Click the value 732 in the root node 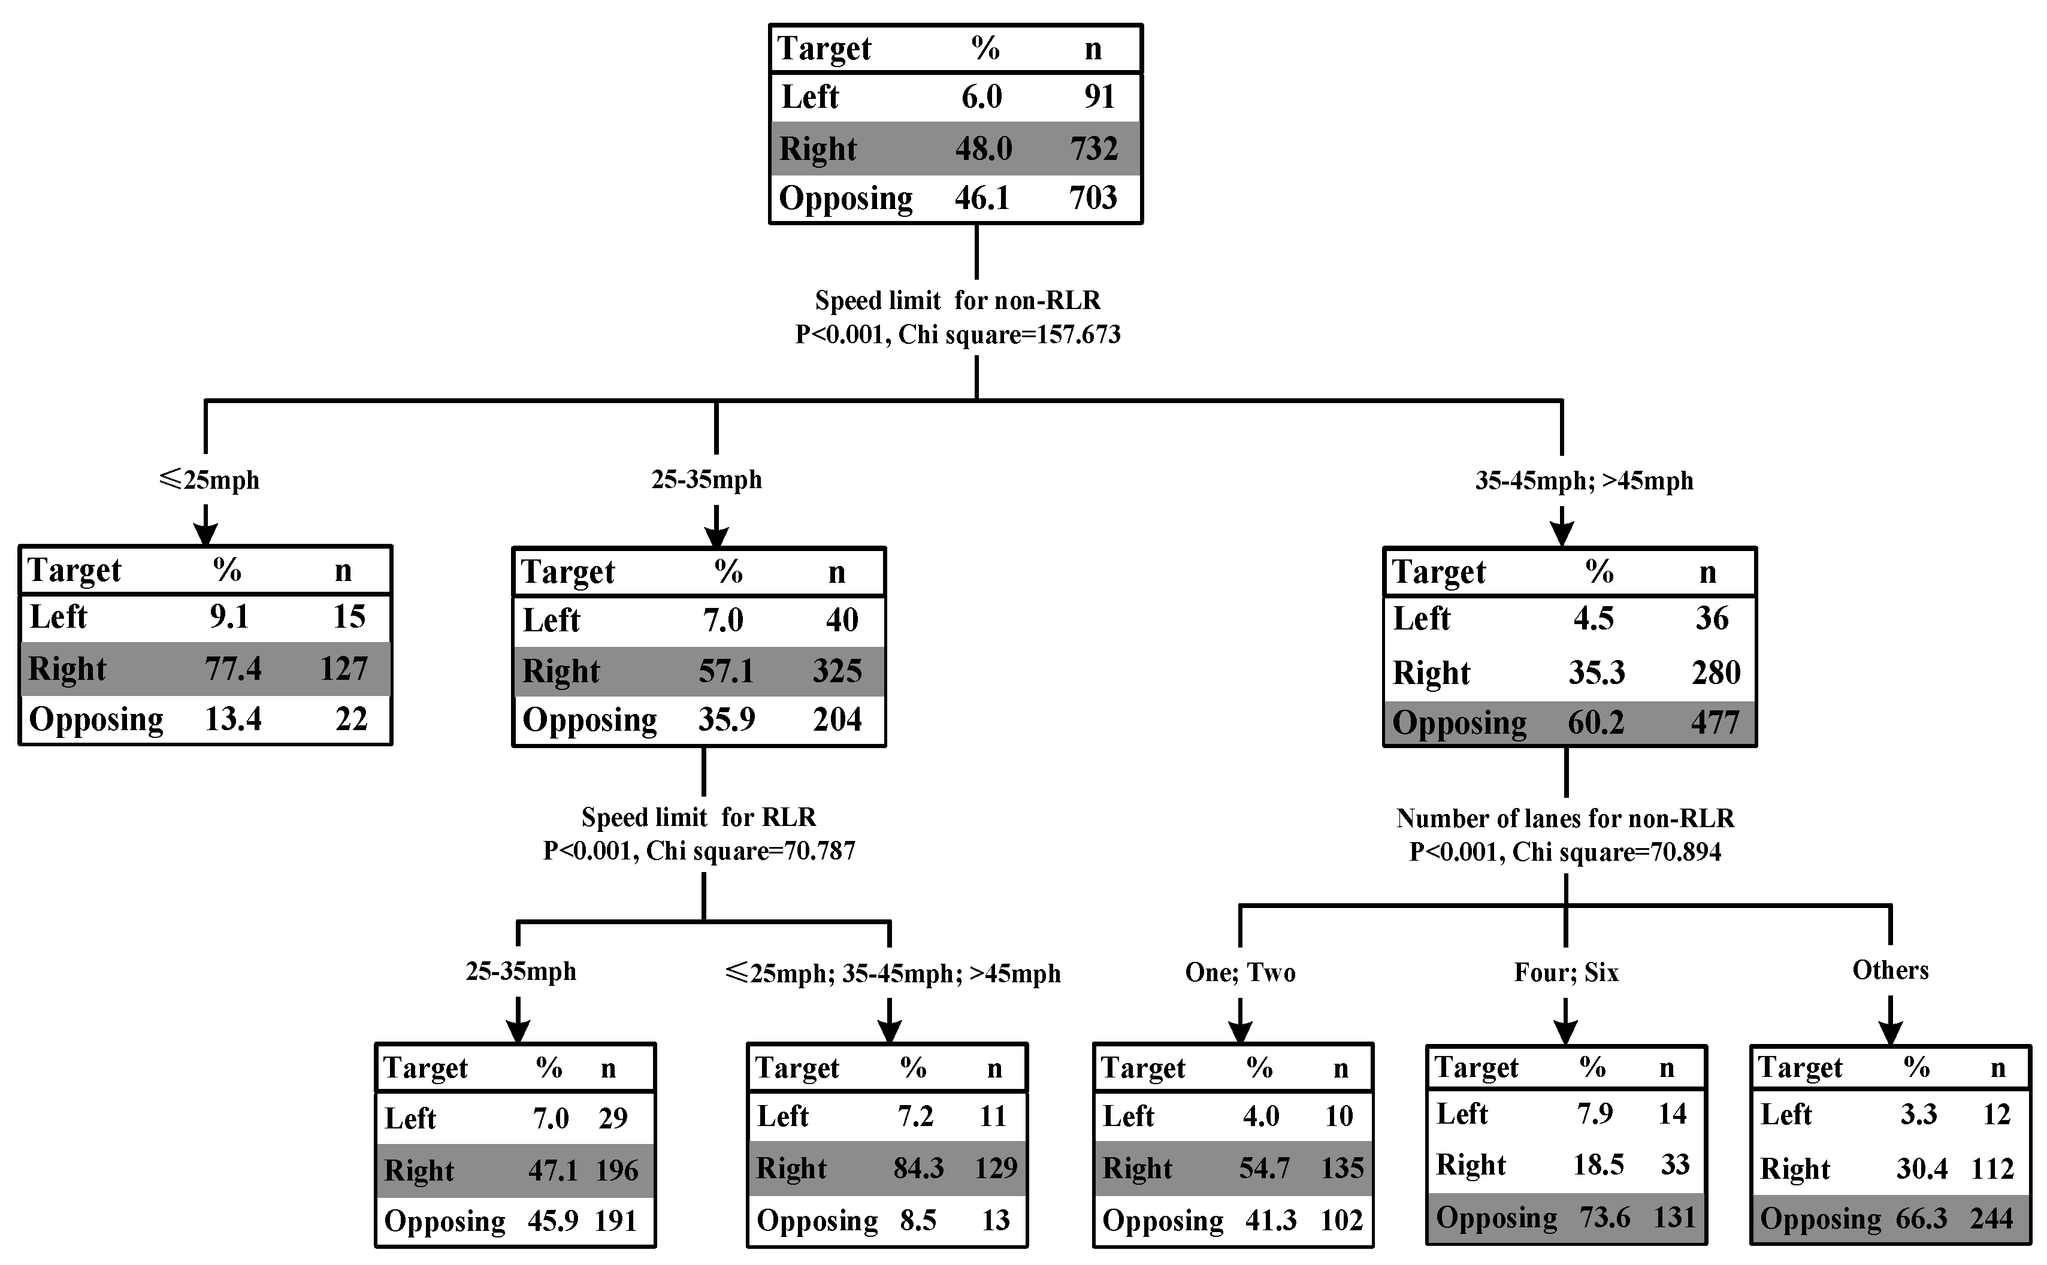pos(1093,149)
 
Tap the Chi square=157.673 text pos(1009,335)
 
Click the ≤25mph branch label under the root pos(208,480)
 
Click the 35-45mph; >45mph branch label pos(1583,481)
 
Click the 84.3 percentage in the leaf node pos(918,1168)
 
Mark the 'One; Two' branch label pos(1239,972)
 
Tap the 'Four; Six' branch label pos(1566,972)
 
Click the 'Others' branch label pos(1889,970)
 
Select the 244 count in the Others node pos(1991,1219)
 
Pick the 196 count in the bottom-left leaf pos(616,1170)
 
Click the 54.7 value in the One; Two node pos(1264,1168)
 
